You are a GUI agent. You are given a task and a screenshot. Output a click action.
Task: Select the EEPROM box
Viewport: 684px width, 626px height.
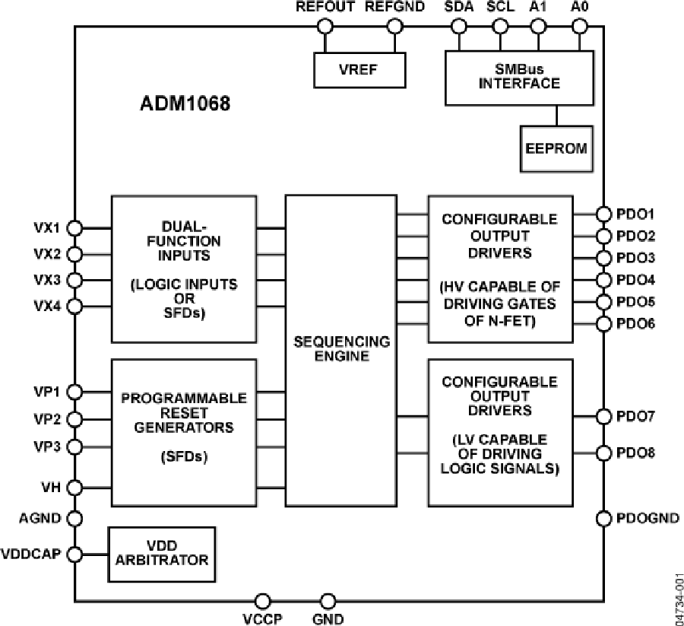pos(556,147)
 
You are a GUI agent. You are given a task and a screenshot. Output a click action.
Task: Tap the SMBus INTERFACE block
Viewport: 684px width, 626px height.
pos(519,77)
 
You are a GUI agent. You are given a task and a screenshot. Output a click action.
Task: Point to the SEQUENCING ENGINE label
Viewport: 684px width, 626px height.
pos(341,348)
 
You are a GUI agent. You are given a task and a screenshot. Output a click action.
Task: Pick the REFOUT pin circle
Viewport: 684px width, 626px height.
pos(325,27)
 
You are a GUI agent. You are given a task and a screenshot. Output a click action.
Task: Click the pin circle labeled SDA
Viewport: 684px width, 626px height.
pos(458,27)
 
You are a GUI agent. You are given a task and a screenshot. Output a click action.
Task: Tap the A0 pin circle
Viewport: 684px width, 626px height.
pos(579,27)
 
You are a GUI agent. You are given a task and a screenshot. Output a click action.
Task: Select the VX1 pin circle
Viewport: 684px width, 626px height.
pos(74,227)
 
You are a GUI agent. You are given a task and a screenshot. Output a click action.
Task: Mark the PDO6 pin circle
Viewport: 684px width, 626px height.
pos(604,325)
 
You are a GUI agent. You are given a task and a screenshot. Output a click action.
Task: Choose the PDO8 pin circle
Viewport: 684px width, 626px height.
pos(604,453)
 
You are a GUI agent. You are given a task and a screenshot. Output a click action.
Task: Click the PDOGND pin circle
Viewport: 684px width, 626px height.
pos(604,518)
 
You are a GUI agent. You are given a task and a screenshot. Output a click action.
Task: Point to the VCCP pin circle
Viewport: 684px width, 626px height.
pos(263,601)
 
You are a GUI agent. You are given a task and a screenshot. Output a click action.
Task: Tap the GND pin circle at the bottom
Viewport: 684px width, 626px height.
pos(328,601)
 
